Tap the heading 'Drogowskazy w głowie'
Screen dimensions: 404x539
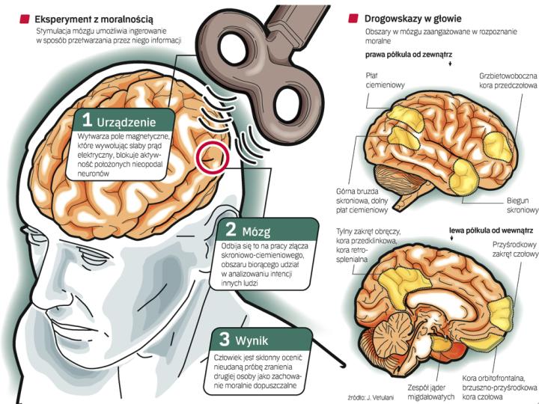click(x=412, y=17)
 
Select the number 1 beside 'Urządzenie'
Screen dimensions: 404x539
click(x=88, y=120)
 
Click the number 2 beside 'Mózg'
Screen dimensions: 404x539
click(x=231, y=228)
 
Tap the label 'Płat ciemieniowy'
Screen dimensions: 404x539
click(x=386, y=80)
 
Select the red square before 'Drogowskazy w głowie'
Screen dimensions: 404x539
click(x=351, y=17)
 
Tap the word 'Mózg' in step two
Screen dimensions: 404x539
click(x=255, y=229)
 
